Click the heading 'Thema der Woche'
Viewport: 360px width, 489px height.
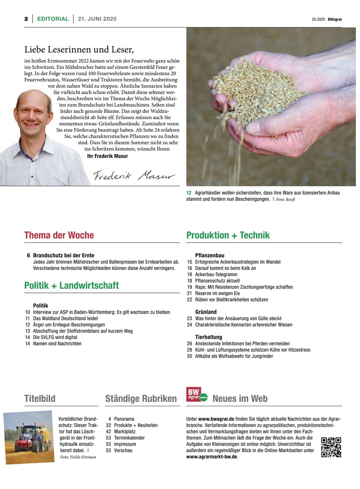(59, 235)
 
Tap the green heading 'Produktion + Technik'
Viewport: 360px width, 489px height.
(228, 235)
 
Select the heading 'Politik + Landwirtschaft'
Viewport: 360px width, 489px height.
(71, 285)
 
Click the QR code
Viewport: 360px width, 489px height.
(331, 447)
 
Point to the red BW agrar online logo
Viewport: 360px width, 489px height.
(197, 395)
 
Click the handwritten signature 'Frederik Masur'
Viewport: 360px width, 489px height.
(134, 175)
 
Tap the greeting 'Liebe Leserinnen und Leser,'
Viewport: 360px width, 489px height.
(79, 50)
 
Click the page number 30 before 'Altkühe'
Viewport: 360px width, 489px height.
(189, 356)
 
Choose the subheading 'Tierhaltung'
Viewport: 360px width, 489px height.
(209, 337)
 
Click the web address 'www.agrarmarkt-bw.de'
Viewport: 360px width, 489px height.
(211, 457)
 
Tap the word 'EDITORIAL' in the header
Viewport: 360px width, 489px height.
(53, 19)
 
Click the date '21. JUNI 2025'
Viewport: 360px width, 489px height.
(97, 19)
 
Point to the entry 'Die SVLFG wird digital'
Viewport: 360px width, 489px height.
(55, 337)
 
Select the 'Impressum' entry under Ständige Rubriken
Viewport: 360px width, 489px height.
(125, 444)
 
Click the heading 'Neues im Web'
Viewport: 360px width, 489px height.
(240, 398)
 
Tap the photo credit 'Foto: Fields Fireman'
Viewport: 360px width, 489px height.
(78, 457)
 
